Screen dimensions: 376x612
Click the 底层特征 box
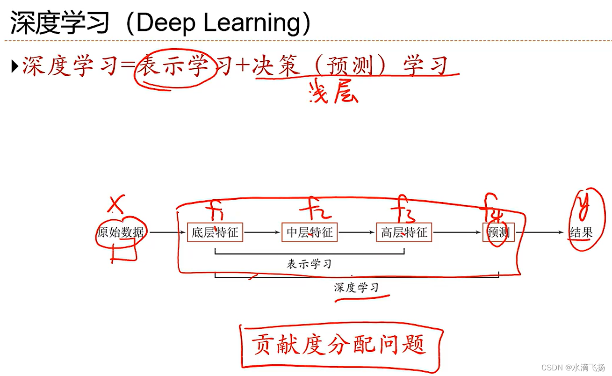click(215, 232)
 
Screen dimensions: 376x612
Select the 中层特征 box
click(309, 232)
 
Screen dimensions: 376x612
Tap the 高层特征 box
click(404, 232)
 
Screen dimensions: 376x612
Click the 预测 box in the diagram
click(498, 232)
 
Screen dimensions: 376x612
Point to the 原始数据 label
click(121, 232)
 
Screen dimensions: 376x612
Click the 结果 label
click(581, 232)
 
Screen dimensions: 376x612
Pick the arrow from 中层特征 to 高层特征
click(357, 232)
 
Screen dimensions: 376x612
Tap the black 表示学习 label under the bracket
click(309, 264)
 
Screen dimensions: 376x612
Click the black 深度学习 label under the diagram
click(356, 287)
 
